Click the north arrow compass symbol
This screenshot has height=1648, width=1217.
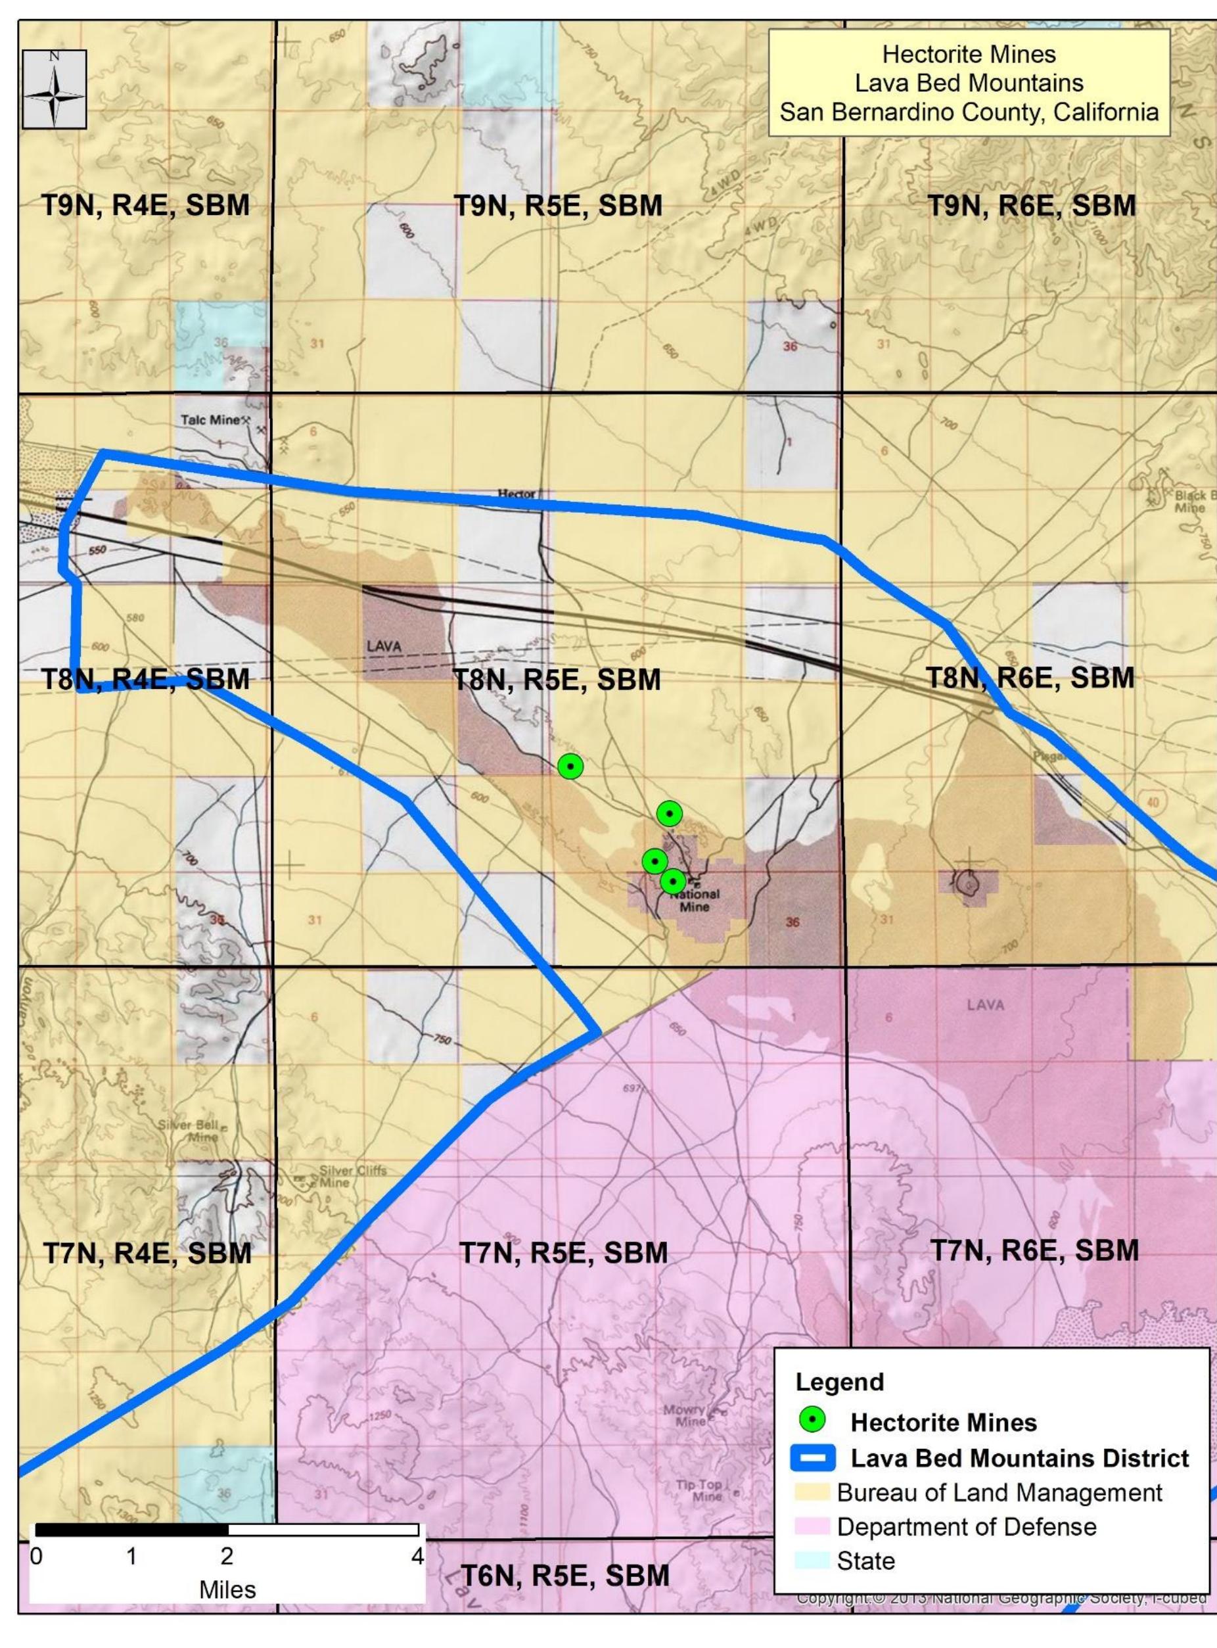pyautogui.click(x=55, y=90)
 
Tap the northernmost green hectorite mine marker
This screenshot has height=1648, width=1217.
pyautogui.click(x=570, y=766)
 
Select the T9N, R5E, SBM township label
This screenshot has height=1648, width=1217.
pyautogui.click(x=558, y=206)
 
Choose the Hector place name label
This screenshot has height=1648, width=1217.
pyautogui.click(x=517, y=494)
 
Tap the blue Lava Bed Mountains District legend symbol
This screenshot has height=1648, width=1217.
pyautogui.click(x=814, y=1458)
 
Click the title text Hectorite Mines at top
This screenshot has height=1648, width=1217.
pyautogui.click(x=969, y=55)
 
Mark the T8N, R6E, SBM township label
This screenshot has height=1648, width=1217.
pyautogui.click(x=1029, y=677)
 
